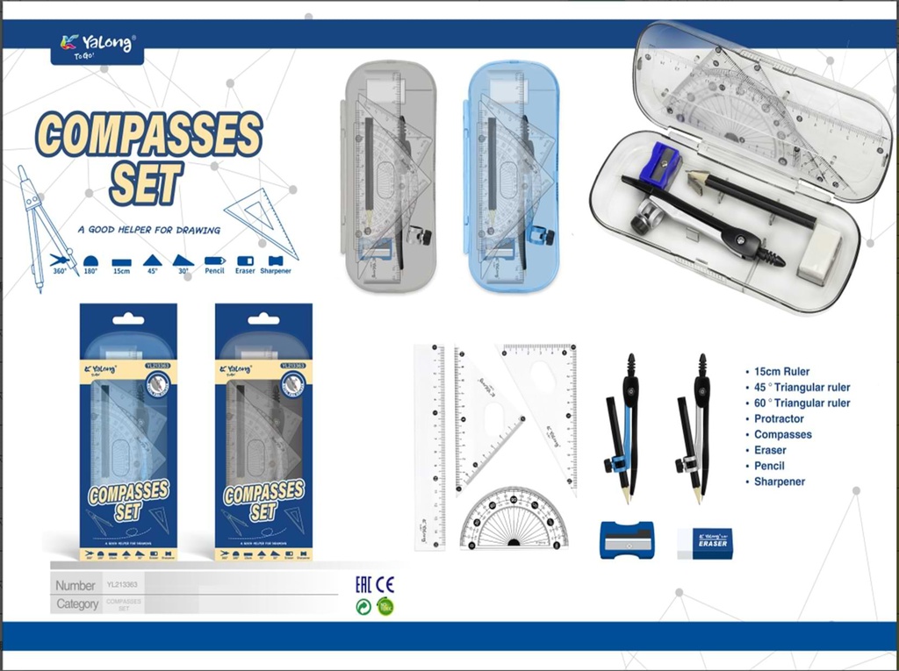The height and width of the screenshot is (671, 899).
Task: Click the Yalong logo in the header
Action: coord(97,44)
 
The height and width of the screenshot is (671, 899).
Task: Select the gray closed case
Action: coord(390,175)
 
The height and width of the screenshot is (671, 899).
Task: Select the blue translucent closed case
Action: coord(512,175)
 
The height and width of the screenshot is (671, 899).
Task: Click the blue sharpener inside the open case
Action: coord(661,165)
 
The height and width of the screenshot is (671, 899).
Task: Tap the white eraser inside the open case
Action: coord(818,256)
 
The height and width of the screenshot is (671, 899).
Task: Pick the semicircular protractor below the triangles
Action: coord(514,520)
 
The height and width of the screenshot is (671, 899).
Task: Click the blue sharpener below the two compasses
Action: coord(627,539)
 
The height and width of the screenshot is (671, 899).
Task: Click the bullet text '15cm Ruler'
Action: coord(781,372)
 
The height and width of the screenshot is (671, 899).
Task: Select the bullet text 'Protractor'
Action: coord(779,419)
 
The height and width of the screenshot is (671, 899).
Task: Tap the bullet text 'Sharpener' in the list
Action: coord(779,482)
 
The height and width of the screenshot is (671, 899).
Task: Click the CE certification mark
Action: coord(385,585)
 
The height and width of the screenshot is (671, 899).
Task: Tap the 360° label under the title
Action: coord(60,271)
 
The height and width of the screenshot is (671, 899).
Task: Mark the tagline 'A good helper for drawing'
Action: coord(148,231)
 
